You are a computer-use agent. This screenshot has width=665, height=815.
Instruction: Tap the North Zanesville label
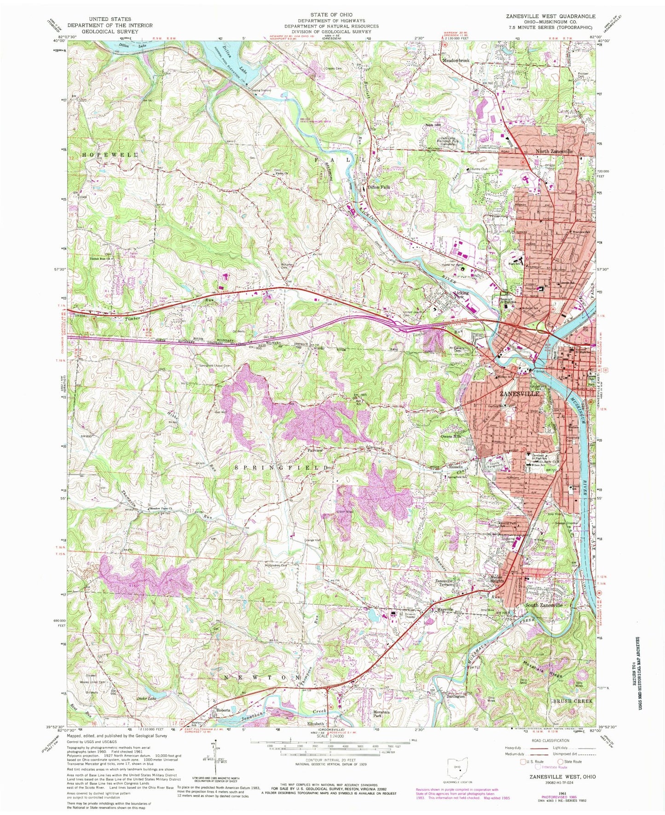point(555,151)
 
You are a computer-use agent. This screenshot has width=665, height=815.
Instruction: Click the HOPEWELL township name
point(110,155)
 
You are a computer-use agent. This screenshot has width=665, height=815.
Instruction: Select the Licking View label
point(461,295)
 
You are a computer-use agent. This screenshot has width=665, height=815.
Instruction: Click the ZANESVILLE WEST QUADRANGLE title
point(550,16)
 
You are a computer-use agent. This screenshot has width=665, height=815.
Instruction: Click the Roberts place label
point(223,710)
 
